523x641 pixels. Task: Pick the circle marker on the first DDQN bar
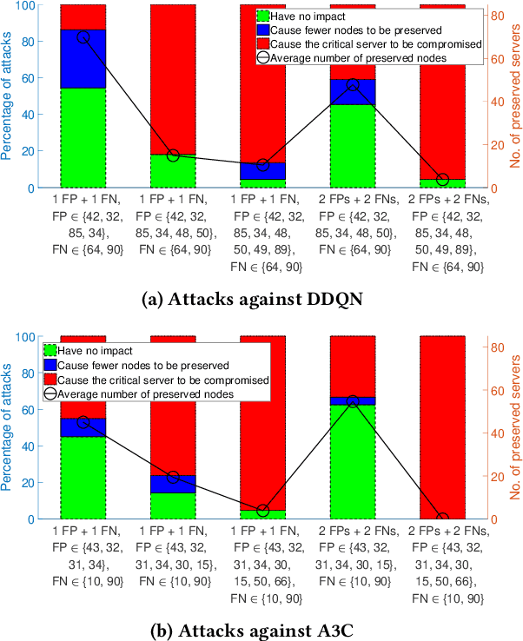tap(83, 37)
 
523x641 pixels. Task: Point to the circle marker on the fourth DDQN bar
tap(352, 85)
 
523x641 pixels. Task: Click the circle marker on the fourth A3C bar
tap(352, 401)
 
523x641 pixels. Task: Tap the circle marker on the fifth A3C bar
tap(442, 519)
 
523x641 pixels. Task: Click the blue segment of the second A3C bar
tap(173, 484)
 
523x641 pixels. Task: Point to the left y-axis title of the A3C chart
tap(8, 427)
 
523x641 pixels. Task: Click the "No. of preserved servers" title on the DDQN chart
tap(513, 96)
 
